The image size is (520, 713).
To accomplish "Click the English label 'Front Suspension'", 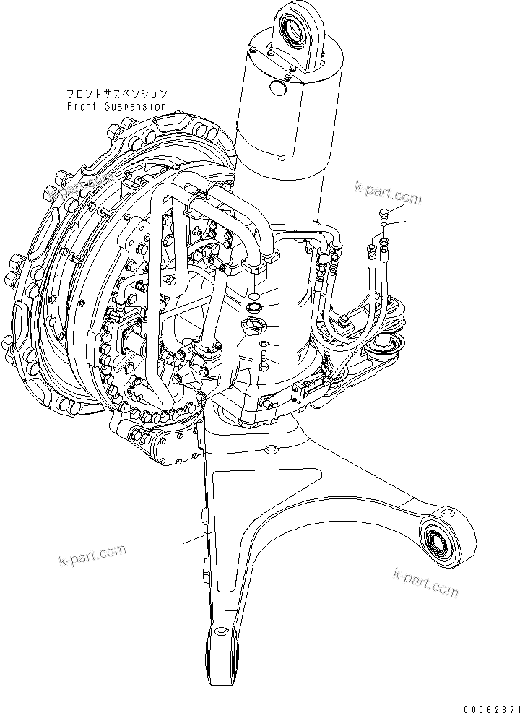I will (116, 106).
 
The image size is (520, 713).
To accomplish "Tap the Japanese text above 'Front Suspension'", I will (116, 94).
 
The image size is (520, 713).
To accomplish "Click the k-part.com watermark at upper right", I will (387, 193).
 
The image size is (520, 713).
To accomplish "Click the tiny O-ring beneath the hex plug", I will (383, 226).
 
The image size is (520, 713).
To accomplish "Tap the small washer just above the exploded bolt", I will (264, 343).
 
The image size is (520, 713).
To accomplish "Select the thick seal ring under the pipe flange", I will (254, 308).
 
